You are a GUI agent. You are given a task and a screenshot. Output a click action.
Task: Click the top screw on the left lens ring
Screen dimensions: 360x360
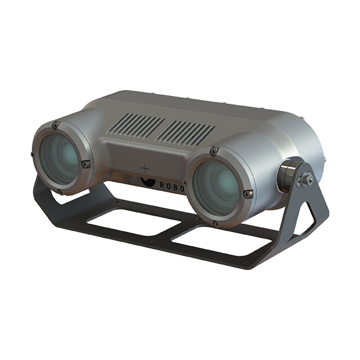[56, 125]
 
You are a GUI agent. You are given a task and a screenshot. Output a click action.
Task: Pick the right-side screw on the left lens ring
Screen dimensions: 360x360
[86, 163]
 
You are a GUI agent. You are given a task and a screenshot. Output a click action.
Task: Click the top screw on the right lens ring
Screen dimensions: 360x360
[214, 152]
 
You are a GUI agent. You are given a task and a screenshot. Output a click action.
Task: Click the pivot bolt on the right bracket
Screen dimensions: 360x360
[307, 178]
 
